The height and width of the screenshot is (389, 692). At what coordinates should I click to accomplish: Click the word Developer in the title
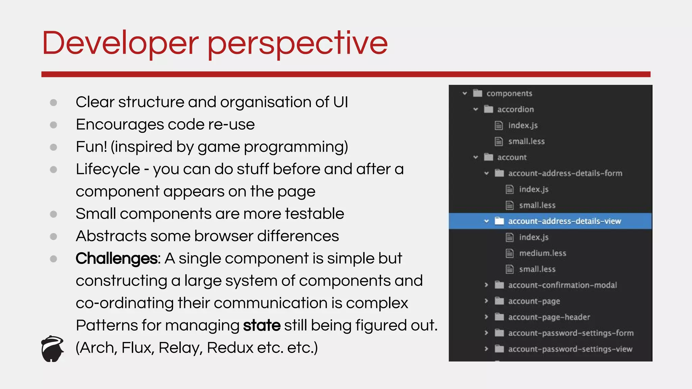(120, 43)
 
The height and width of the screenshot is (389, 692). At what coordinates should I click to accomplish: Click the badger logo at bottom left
(52, 349)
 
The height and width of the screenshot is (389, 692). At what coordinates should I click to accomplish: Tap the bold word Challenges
(116, 259)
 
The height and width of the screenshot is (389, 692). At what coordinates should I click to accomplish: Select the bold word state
(262, 326)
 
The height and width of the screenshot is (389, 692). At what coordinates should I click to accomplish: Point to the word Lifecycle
(108, 169)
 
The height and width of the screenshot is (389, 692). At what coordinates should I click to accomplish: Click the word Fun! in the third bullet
(91, 147)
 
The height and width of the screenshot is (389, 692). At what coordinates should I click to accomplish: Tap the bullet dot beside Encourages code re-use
(53, 125)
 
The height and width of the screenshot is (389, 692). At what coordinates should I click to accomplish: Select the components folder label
(509, 94)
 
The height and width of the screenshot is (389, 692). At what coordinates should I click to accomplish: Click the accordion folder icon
(488, 109)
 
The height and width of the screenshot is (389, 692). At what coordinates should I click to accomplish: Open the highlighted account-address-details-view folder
(564, 221)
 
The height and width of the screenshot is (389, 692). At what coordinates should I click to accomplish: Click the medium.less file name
(542, 253)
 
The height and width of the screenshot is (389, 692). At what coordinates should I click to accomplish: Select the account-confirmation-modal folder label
(562, 285)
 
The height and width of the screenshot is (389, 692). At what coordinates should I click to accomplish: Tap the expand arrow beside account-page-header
(486, 317)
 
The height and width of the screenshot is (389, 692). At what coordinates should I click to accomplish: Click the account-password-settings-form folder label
(571, 333)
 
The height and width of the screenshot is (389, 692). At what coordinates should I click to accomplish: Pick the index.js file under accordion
(523, 126)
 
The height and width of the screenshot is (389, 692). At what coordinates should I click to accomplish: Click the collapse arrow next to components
(465, 93)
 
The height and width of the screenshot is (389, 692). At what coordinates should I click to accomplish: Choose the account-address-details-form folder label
(565, 173)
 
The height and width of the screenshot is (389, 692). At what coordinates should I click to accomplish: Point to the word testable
(314, 214)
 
